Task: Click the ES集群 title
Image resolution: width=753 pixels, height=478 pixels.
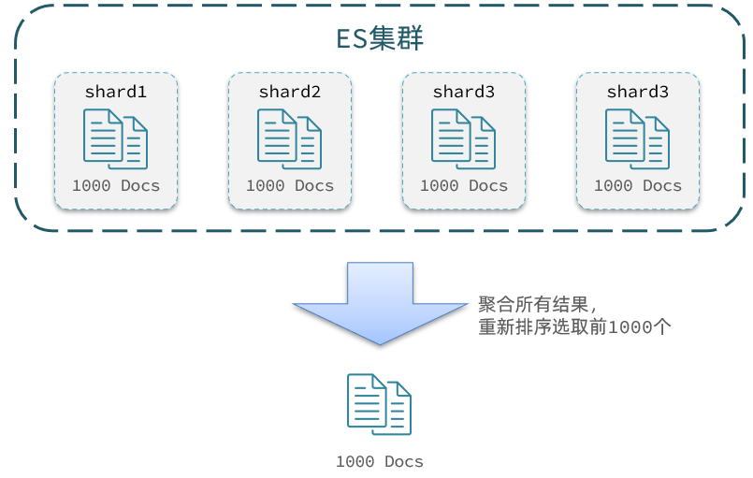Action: tap(380, 38)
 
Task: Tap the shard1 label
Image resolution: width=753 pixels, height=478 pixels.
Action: tap(116, 92)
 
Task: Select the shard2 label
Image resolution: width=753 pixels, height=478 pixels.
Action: tap(290, 92)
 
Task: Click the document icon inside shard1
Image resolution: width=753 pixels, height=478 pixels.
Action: tap(115, 138)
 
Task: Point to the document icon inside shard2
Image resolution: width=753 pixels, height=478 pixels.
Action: tap(289, 138)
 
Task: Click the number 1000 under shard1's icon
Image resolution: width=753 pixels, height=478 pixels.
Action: tap(92, 185)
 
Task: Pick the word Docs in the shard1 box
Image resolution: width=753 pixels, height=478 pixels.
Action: tap(140, 185)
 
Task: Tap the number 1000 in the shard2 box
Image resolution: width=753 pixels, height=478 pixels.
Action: tap(265, 185)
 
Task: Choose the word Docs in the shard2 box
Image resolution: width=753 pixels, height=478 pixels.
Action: tap(314, 185)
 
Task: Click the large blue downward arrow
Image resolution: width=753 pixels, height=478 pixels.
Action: tap(380, 303)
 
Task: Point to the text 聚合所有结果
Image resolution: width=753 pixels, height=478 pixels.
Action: tap(533, 304)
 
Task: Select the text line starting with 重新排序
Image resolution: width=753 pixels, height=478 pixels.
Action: tap(575, 327)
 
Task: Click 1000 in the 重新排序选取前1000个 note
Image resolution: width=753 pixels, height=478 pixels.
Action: tap(630, 327)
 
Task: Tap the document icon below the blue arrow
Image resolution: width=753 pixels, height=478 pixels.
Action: tap(380, 404)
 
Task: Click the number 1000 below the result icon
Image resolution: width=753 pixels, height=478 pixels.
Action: tap(355, 462)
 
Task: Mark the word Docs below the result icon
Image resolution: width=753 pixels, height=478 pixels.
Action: tap(404, 462)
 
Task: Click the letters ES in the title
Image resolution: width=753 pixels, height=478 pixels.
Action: tap(352, 39)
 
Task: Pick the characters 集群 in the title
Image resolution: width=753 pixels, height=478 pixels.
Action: tap(397, 38)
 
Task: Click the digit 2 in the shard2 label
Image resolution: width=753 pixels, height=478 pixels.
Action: tap(315, 92)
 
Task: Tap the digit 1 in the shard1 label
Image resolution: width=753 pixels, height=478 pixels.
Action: tap(141, 92)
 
